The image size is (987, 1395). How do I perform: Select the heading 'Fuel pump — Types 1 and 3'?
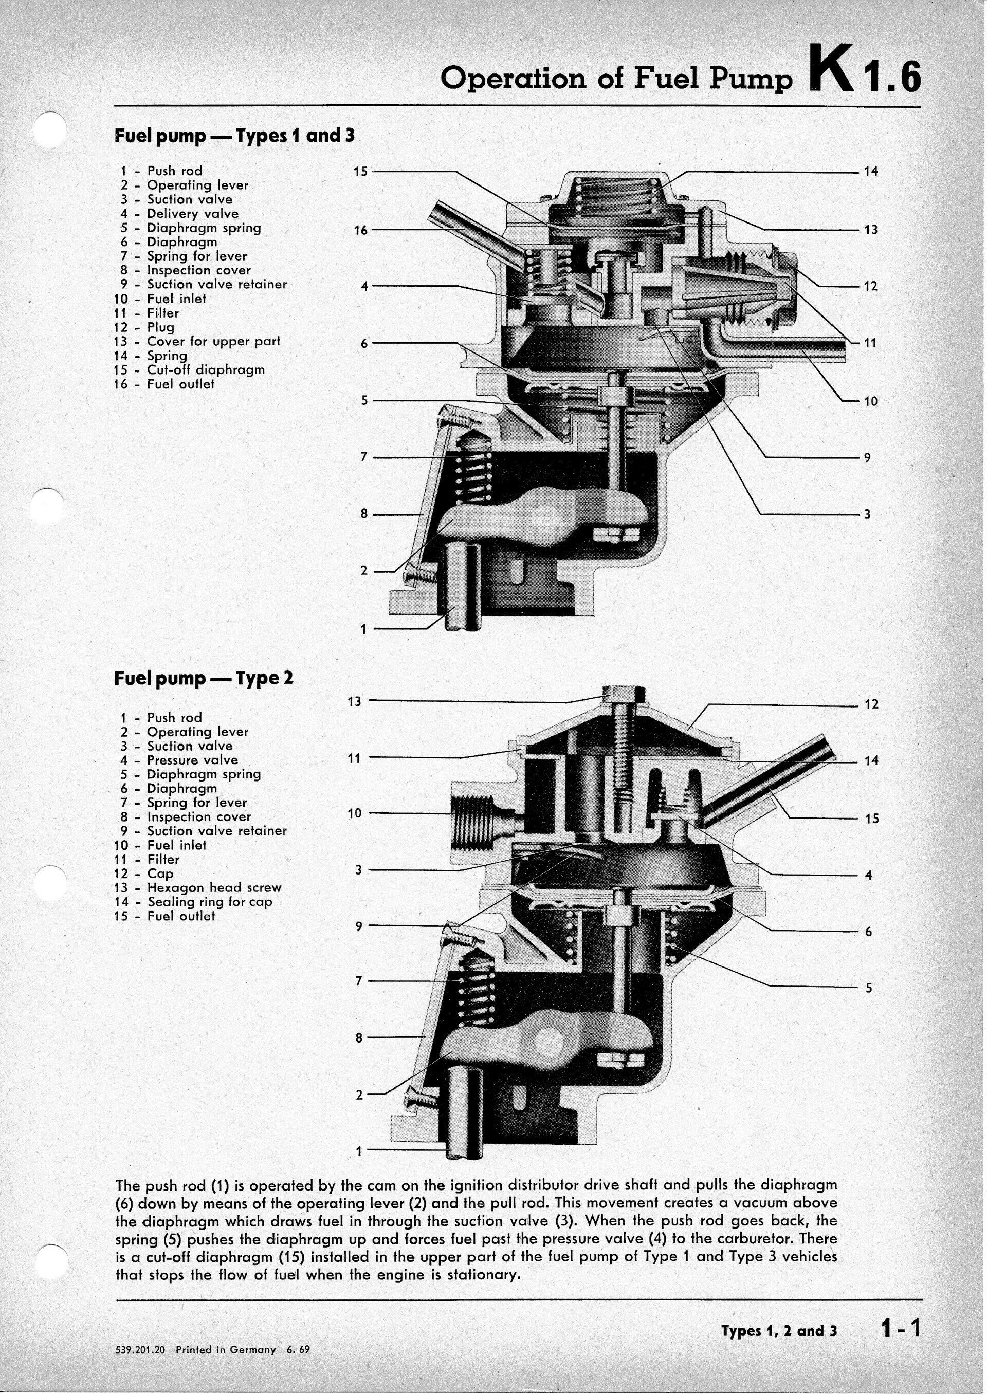point(234,135)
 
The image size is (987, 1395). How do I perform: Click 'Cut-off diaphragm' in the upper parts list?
point(206,369)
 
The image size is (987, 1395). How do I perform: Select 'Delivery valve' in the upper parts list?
point(193,214)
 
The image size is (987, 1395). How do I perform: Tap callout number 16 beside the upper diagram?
point(361,230)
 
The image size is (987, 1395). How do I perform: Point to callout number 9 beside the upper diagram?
point(867,457)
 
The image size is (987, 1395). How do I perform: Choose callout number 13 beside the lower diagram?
point(354,702)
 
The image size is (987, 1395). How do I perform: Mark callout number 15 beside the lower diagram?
point(871,819)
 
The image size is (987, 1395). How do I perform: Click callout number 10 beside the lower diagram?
point(355,813)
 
